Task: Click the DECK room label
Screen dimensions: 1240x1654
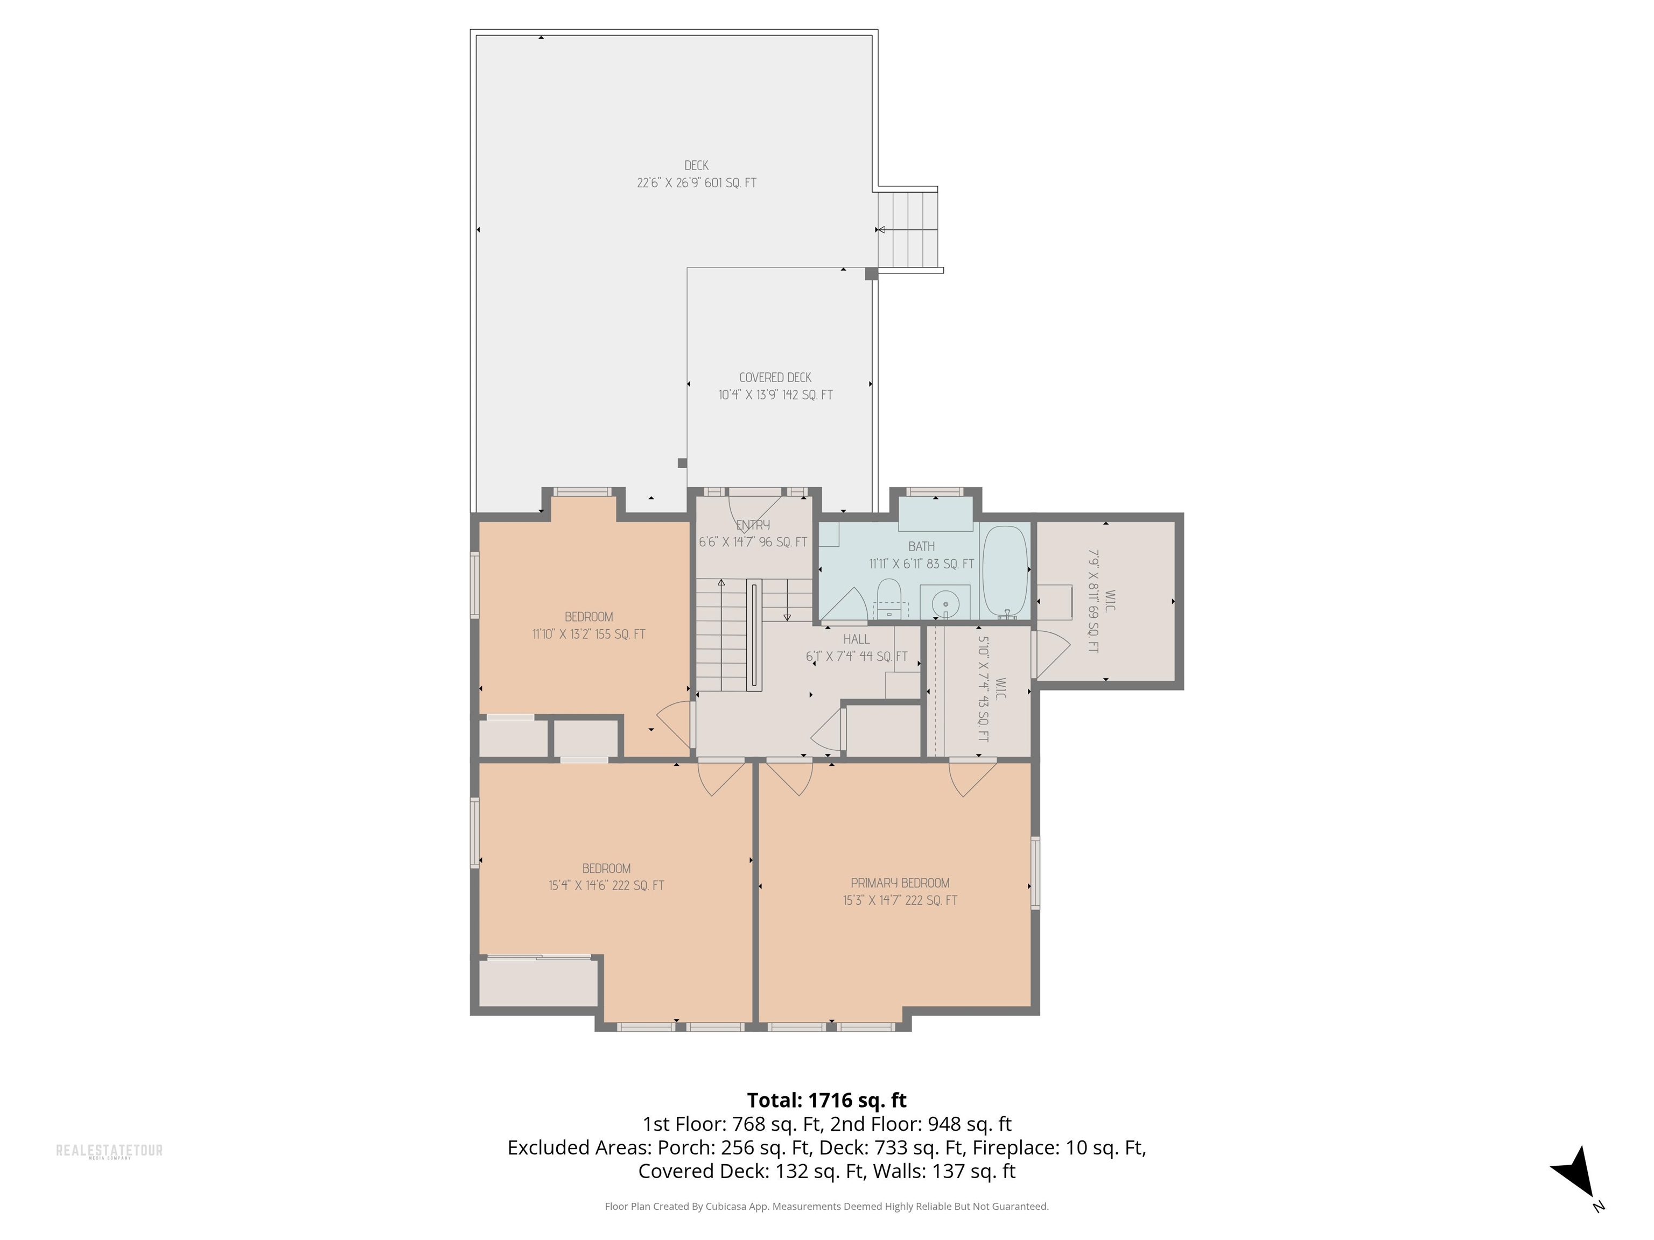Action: pos(696,166)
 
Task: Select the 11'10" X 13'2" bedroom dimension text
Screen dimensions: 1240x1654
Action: pos(588,635)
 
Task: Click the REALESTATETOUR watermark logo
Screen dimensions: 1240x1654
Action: pos(109,1151)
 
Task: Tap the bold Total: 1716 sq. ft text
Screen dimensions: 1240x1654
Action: pos(826,1100)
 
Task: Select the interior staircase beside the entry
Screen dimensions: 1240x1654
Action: pos(721,635)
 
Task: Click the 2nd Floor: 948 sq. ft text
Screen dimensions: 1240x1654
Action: pos(921,1124)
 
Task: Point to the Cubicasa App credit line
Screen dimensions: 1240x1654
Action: pos(826,1207)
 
